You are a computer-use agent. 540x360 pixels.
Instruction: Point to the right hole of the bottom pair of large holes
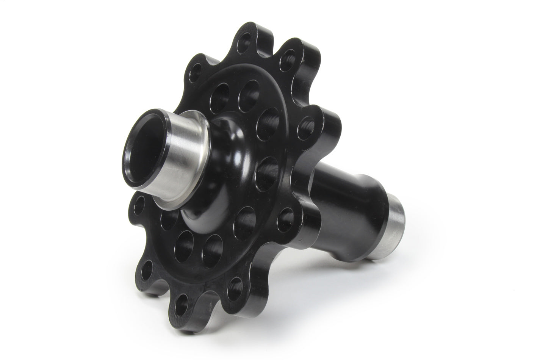pyautogui.click(x=212, y=248)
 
